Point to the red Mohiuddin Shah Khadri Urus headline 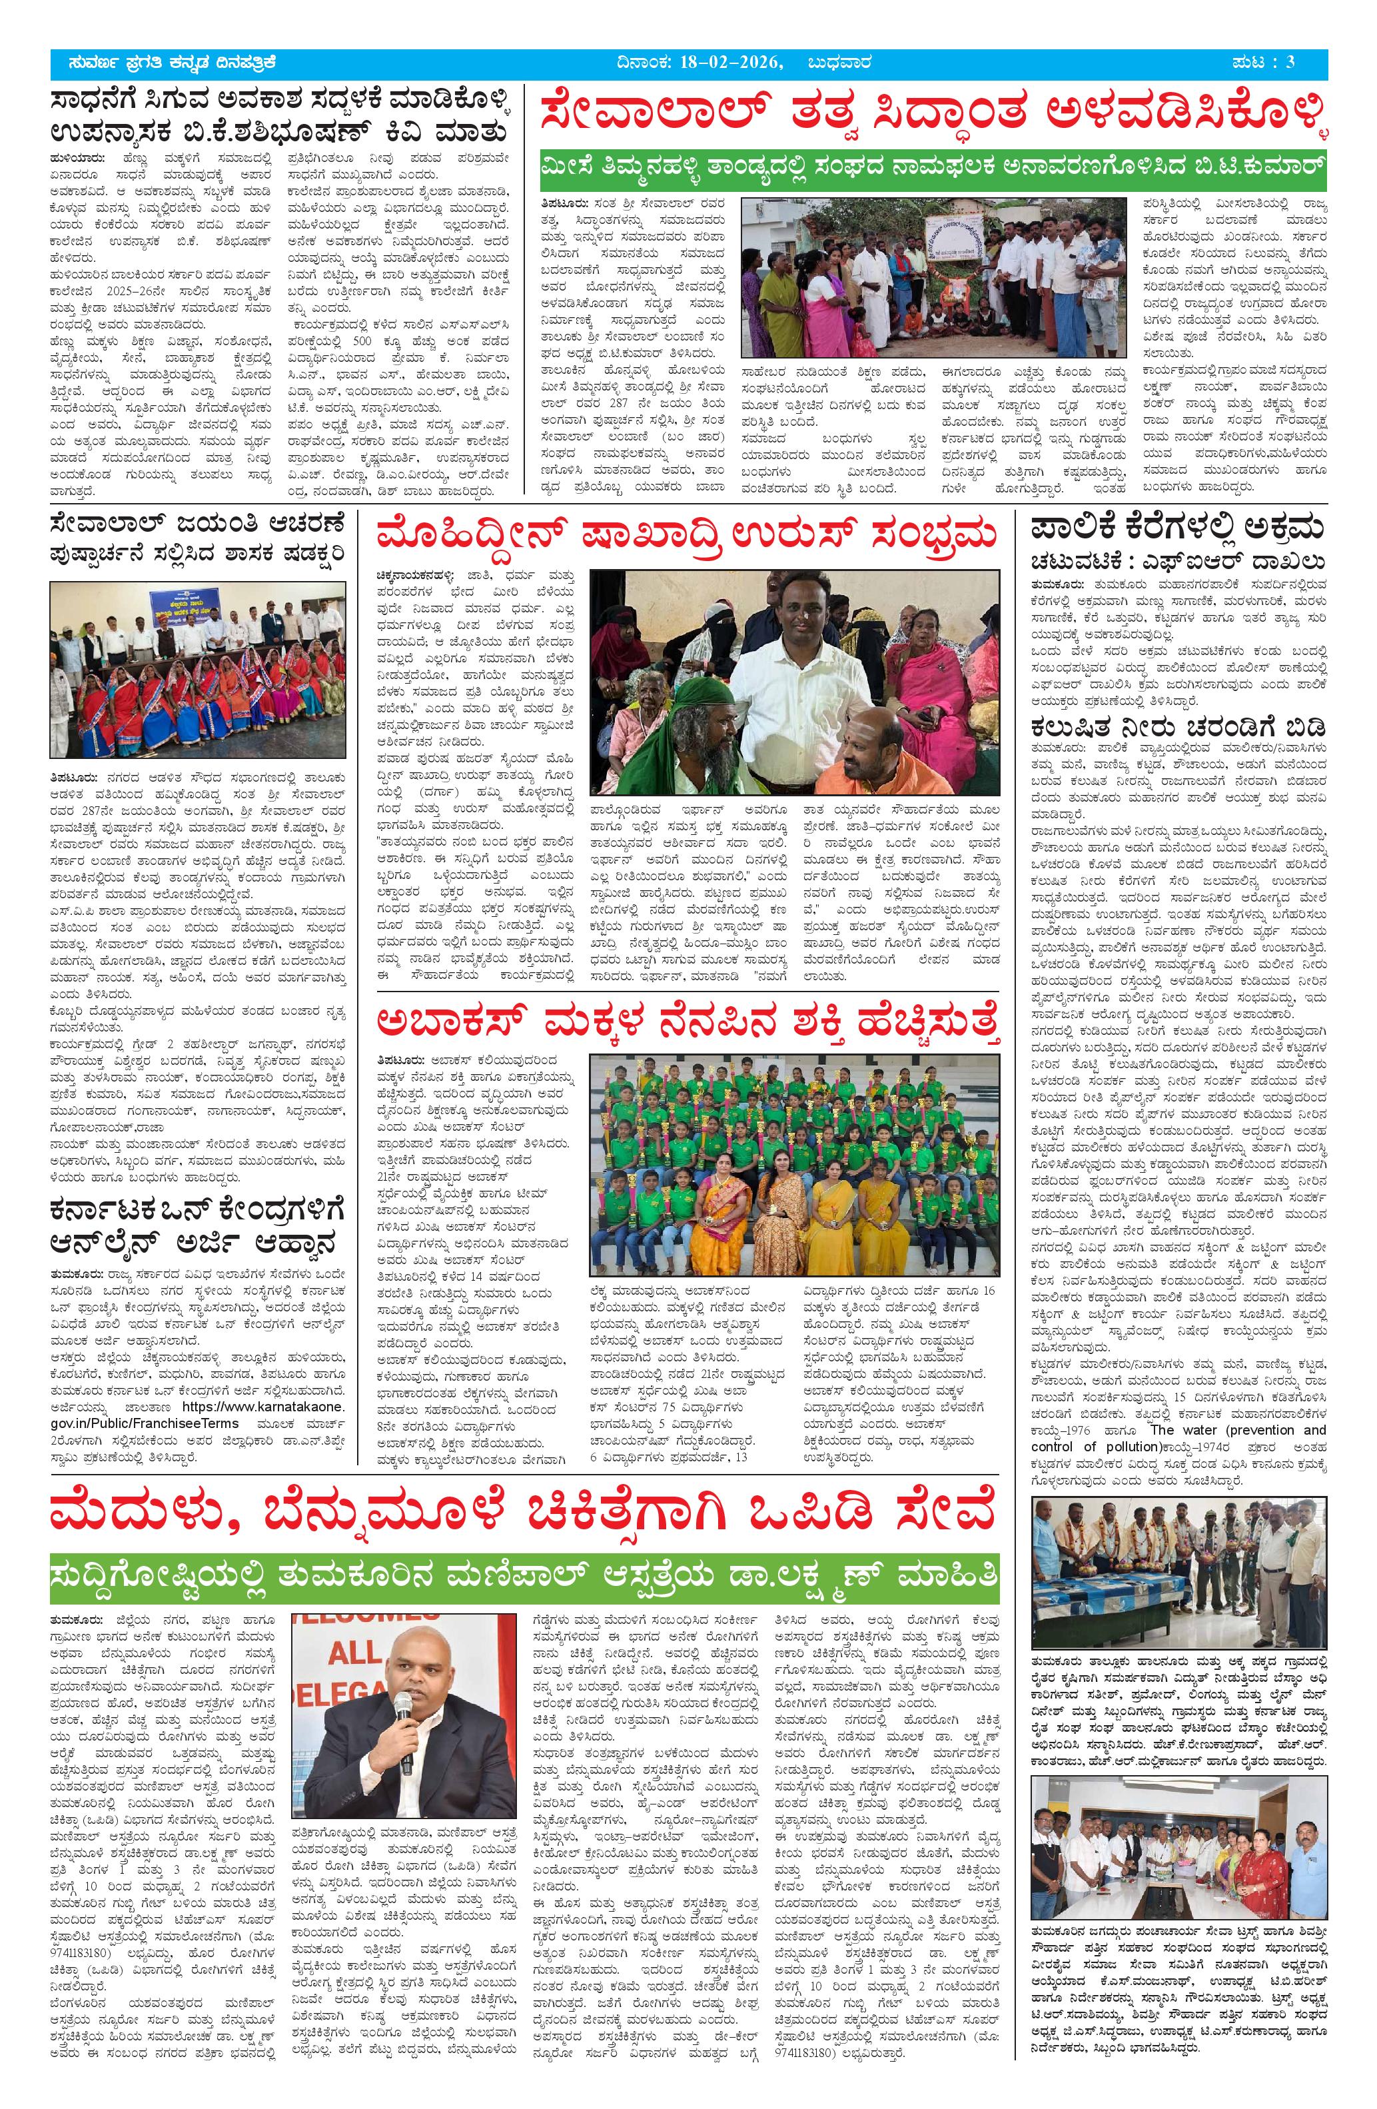tap(687, 537)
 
